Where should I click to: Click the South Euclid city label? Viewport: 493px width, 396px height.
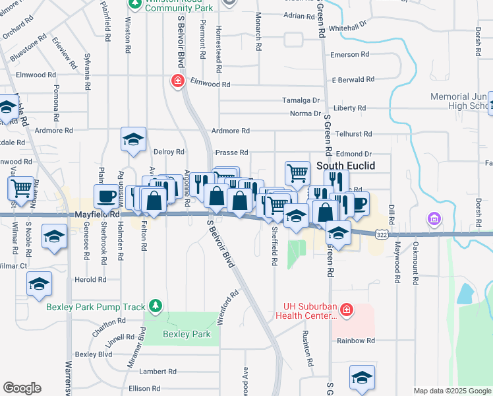point(346,166)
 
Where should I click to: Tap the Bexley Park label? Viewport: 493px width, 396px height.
point(187,335)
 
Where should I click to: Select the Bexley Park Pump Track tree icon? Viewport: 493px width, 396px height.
point(155,306)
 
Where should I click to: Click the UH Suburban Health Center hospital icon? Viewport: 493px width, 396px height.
point(347,309)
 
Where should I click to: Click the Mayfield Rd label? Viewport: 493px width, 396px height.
point(97,214)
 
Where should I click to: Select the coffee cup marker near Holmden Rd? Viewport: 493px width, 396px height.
point(106,196)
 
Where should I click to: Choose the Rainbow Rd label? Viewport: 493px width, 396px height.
point(355,341)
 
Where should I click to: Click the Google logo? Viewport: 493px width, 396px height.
point(22,388)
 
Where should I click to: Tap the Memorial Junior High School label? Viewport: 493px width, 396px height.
point(461,101)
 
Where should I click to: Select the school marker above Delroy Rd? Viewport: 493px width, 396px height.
point(133,139)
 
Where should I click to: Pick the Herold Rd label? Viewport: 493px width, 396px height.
point(90,280)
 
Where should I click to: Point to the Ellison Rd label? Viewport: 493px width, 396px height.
point(144,389)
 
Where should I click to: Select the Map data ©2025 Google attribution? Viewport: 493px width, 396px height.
point(451,391)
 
